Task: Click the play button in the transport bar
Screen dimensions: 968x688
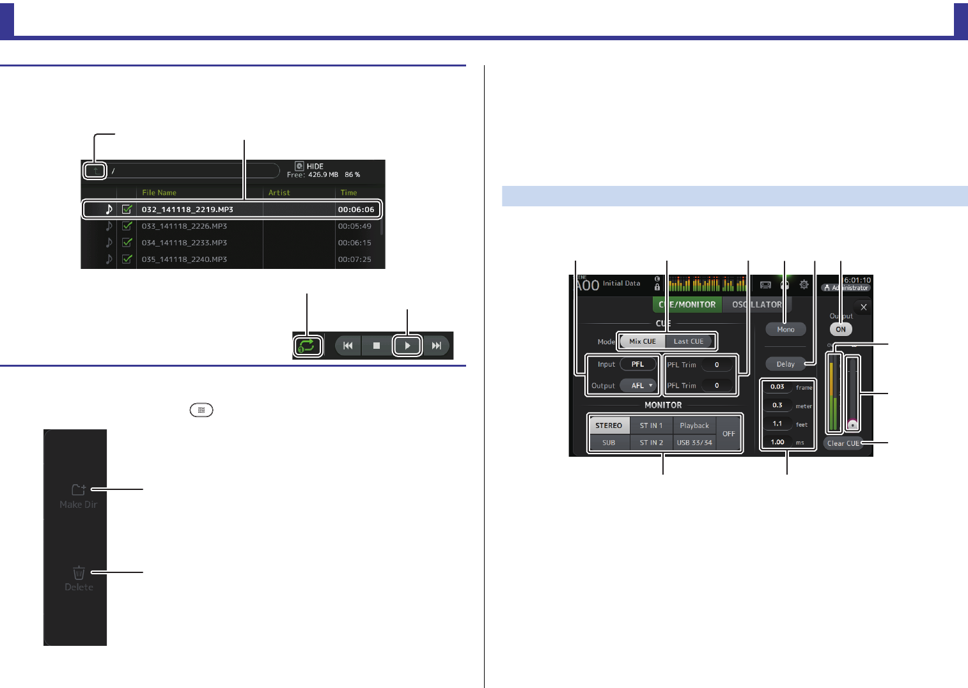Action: [x=407, y=346]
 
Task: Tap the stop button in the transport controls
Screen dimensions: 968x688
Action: [x=377, y=346]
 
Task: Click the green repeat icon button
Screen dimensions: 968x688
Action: [x=307, y=346]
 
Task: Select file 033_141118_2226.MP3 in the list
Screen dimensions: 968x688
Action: [x=184, y=226]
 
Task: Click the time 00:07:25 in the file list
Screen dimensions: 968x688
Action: [x=354, y=259]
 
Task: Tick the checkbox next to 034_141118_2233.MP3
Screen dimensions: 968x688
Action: [x=127, y=243]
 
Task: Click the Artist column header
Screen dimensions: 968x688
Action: [x=279, y=192]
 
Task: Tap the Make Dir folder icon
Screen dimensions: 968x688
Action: [x=79, y=490]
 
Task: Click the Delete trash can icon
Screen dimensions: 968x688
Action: [x=79, y=572]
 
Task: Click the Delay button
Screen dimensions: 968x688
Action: [x=786, y=364]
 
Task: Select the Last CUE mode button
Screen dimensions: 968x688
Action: [x=689, y=341]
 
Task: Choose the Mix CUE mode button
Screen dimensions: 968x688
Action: [x=643, y=341]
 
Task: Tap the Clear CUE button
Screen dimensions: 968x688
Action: [x=843, y=443]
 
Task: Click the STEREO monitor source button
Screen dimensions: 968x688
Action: [x=609, y=425]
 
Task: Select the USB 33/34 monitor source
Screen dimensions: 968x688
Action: [x=694, y=442]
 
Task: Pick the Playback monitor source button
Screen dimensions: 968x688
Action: [x=694, y=425]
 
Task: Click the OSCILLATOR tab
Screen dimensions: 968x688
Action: [x=757, y=305]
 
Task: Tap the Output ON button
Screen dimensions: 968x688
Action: [x=841, y=330]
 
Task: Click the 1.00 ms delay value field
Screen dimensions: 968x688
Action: [x=777, y=442]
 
